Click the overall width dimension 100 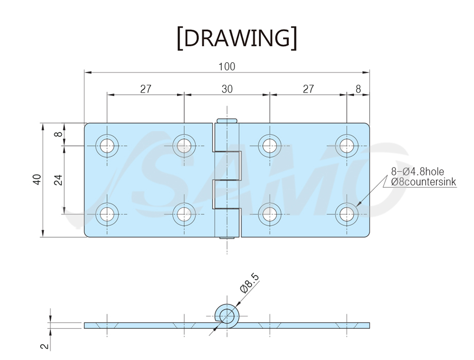tap(227, 67)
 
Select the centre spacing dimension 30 tap(227, 89)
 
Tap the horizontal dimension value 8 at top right tap(358, 89)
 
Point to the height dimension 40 tap(37, 179)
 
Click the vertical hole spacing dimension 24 tap(59, 180)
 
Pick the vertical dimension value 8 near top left tap(59, 134)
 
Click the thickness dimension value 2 tap(45, 346)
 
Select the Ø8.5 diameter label tap(250, 283)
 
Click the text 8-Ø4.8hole tap(417, 172)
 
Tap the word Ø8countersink tap(424, 182)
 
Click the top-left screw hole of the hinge tap(107, 146)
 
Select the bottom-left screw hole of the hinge tap(107, 214)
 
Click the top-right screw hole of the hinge tap(347, 146)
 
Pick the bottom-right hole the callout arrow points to tap(347, 214)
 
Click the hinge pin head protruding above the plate tap(227, 120)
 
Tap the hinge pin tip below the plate tap(227, 238)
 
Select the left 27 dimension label tap(146, 89)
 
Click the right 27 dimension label tap(308, 89)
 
